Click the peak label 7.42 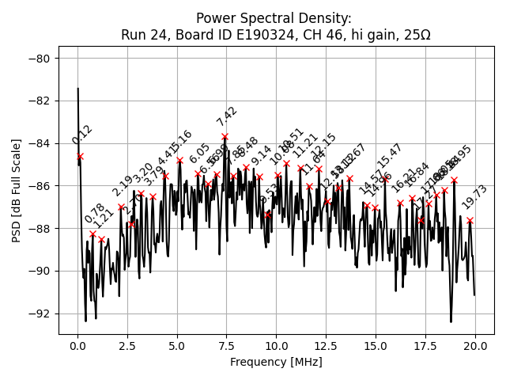(227, 116)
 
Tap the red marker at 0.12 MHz (80, 156)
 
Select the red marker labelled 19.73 (470, 220)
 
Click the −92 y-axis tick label (39, 313)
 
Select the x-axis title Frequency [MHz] (276, 362)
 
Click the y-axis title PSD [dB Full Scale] (17, 190)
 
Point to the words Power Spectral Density (274, 18)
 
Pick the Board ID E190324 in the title (220, 35)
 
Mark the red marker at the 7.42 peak (225, 136)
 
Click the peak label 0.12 (81, 135)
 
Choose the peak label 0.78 (94, 214)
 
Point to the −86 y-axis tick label (39, 185)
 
